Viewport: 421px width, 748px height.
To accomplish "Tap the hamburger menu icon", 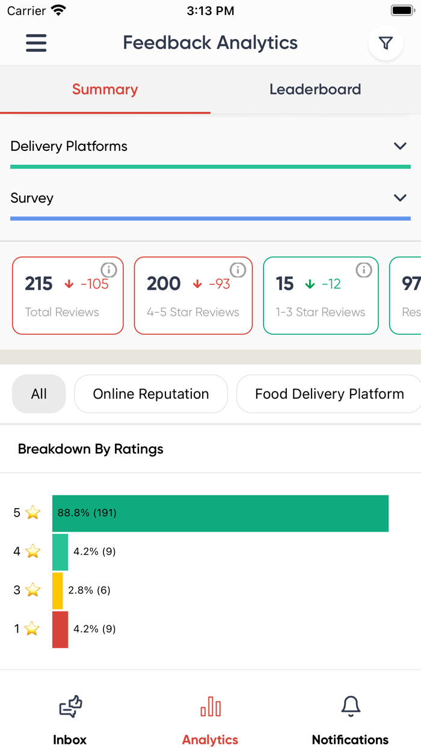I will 36,43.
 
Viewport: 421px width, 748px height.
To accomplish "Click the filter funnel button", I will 386,43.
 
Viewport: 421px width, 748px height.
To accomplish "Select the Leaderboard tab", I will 315,90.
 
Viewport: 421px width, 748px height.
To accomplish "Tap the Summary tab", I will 105,90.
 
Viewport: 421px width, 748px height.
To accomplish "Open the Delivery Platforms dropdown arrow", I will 400,146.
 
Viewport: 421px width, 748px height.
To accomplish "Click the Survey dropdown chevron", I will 400,198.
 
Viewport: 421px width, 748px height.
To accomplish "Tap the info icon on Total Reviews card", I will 108,270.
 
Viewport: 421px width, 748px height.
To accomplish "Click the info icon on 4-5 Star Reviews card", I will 238,270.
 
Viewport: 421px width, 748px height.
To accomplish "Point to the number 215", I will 39,284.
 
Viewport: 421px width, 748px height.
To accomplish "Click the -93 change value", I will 220,284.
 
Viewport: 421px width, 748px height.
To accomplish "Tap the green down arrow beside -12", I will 310,284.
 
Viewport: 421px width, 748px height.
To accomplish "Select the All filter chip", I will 39,394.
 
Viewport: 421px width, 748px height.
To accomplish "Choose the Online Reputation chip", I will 151,394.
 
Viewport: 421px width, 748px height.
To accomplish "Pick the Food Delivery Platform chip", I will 329,394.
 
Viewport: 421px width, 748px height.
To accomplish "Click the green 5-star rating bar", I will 220,513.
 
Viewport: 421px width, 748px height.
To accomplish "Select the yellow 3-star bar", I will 58,590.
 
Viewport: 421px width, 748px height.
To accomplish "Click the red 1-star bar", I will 60,629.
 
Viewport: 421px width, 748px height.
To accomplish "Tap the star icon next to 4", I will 33,551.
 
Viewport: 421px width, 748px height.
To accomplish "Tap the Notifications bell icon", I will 351,707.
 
